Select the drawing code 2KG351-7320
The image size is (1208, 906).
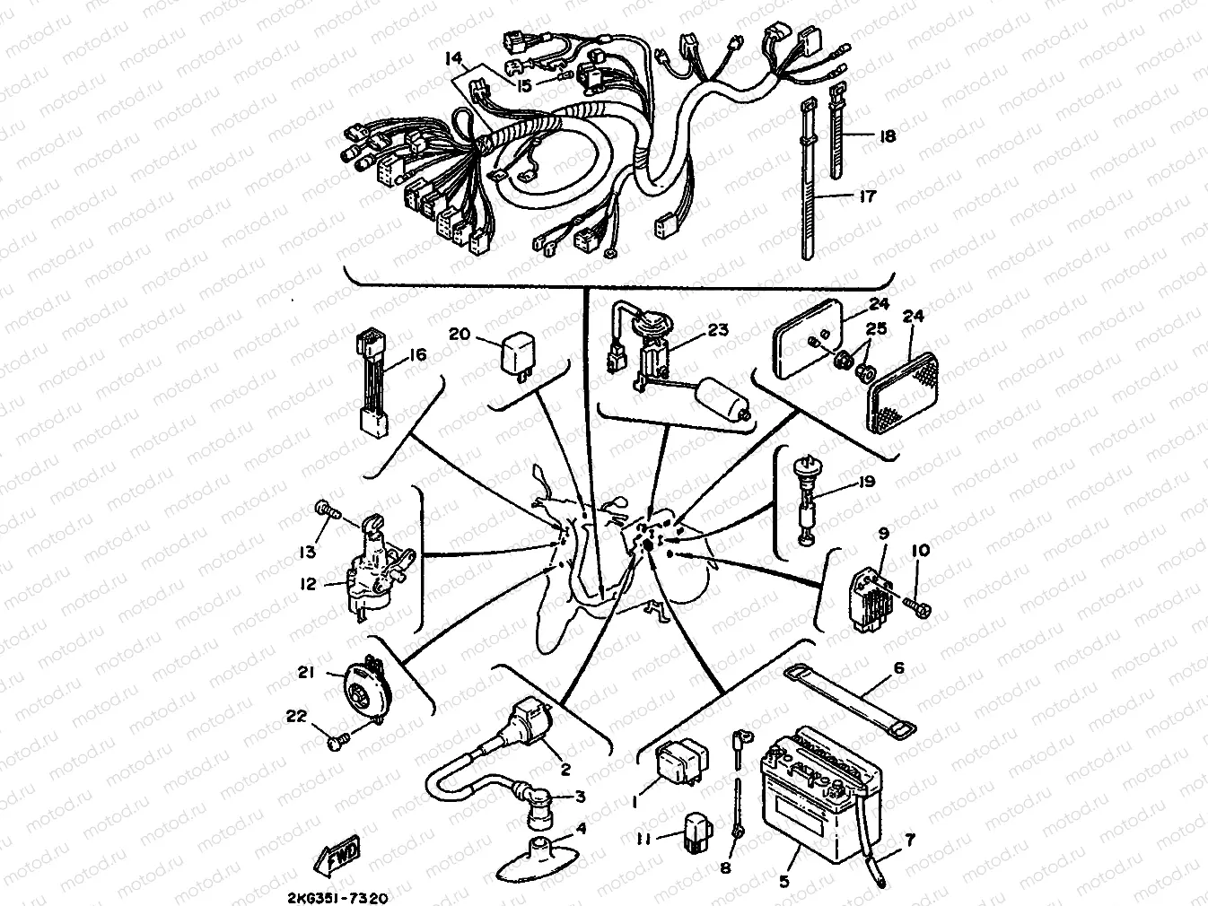[x=337, y=896]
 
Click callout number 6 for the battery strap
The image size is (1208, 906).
[x=898, y=668]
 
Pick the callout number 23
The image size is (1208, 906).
[x=718, y=330]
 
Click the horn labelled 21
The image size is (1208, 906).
[x=363, y=693]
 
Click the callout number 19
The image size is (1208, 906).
[x=865, y=482]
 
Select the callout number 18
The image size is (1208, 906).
[x=887, y=136]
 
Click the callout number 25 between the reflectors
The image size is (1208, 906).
[x=876, y=329]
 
